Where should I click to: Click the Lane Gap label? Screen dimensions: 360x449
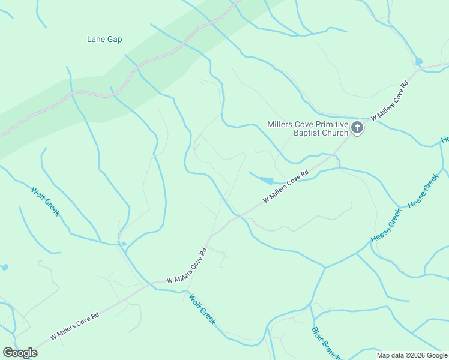[x=104, y=40]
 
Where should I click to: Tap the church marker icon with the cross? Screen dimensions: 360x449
[x=357, y=127]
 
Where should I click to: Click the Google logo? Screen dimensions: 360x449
[x=20, y=353]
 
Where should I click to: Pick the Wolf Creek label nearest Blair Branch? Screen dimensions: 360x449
[x=202, y=308]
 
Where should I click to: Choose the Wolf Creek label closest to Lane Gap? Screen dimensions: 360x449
[x=46, y=202]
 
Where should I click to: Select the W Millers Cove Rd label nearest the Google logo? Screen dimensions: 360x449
[x=74, y=326]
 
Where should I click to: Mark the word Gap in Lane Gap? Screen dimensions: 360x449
[x=115, y=40]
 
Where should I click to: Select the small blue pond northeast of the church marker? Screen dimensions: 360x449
[x=418, y=61]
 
